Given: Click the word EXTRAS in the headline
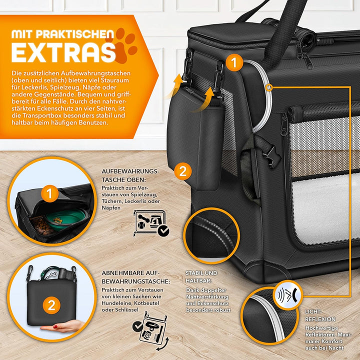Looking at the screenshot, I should [62, 51].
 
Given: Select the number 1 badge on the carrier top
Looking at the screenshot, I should [234, 63].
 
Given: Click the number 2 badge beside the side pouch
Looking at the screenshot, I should [182, 171].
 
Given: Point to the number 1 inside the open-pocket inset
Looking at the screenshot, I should [49, 193].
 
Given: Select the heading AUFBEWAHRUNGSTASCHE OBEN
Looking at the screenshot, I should [130, 175].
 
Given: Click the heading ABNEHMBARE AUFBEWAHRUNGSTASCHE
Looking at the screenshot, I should [135, 277].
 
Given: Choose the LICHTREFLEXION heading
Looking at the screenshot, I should [320, 315].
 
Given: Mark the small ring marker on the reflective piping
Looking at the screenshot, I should [270, 87].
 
